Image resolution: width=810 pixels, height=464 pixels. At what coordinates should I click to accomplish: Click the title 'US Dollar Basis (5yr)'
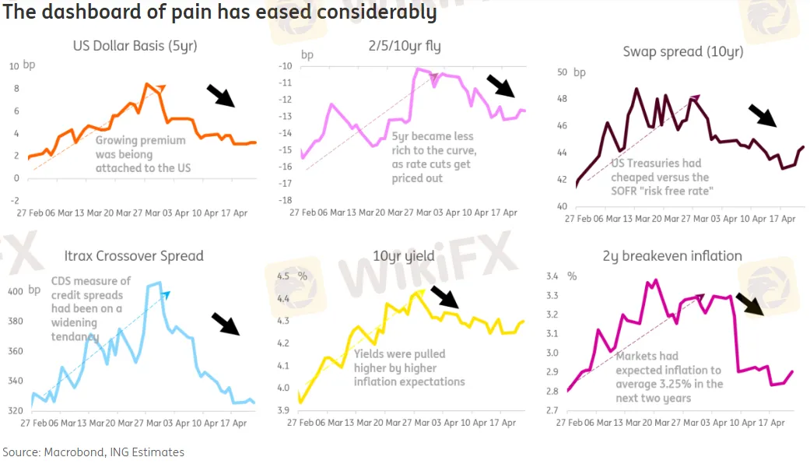click(135, 46)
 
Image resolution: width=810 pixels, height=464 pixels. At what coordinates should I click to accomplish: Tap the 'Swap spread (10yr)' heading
click(682, 52)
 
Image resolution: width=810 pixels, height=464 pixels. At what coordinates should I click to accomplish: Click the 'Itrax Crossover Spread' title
click(135, 255)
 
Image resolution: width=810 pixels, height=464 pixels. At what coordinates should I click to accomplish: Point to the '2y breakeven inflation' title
click(671, 255)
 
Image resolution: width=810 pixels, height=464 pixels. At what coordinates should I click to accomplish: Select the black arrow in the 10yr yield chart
click(445, 297)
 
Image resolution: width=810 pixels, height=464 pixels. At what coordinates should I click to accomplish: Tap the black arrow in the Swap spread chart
click(762, 115)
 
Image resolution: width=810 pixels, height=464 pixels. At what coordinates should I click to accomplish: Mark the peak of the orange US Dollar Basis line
click(146, 84)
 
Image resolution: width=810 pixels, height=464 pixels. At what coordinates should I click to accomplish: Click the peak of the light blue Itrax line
click(159, 283)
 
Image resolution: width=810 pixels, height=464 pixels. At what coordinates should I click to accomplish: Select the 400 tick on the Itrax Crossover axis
click(16, 291)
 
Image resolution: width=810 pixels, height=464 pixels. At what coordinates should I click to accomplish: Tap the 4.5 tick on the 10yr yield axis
click(282, 276)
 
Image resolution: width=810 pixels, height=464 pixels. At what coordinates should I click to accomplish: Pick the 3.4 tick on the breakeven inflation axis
click(552, 276)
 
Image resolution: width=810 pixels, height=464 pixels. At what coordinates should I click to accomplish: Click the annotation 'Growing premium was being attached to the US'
click(142, 154)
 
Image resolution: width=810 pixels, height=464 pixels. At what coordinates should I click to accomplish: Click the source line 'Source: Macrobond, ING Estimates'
click(93, 452)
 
